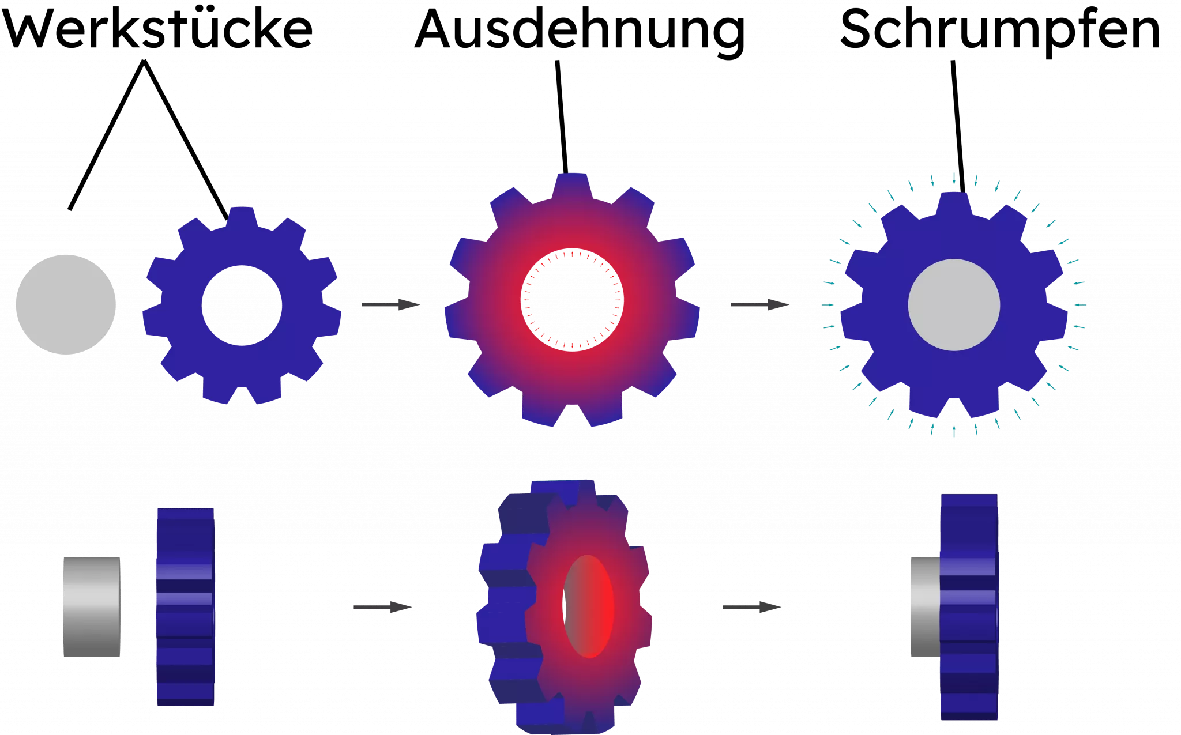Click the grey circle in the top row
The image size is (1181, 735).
tap(66, 304)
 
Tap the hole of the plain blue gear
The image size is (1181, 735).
tap(242, 306)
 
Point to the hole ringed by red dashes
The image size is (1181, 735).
tap(571, 300)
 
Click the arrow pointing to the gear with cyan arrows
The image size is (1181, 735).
tap(759, 304)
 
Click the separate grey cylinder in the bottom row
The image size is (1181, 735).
tap(91, 606)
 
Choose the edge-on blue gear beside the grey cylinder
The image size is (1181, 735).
tap(186, 606)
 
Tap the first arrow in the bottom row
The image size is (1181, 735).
tap(382, 607)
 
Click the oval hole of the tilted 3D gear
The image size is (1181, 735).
tap(588, 606)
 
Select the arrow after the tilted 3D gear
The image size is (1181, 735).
tap(751, 607)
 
